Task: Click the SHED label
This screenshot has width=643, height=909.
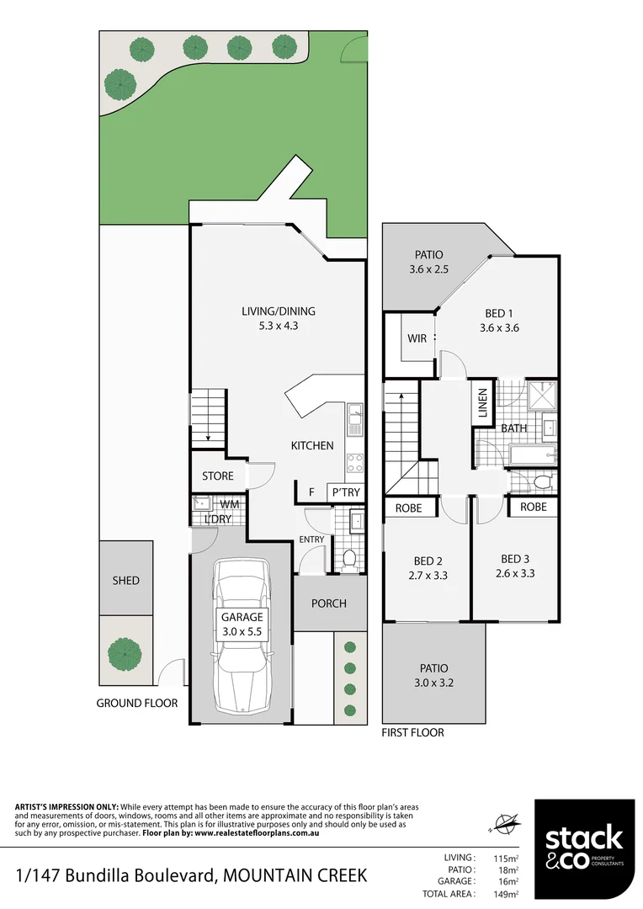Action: pos(125,581)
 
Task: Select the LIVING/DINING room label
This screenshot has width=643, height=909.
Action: pos(278,311)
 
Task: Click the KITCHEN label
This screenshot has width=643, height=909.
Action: pos(312,446)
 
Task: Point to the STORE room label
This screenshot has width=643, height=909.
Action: pos(218,476)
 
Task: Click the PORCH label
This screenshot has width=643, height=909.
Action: pos(329,603)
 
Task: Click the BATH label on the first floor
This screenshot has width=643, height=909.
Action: pos(513,428)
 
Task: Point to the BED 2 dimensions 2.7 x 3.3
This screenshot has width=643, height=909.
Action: pos(427,576)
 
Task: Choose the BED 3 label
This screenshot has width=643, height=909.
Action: pos(514,559)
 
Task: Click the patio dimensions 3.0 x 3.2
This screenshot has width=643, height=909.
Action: pos(433,683)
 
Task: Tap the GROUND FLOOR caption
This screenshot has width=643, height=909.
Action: pos(137,703)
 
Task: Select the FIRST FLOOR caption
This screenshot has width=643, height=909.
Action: pos(412,732)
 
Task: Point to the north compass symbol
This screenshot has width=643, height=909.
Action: pos(506,822)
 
